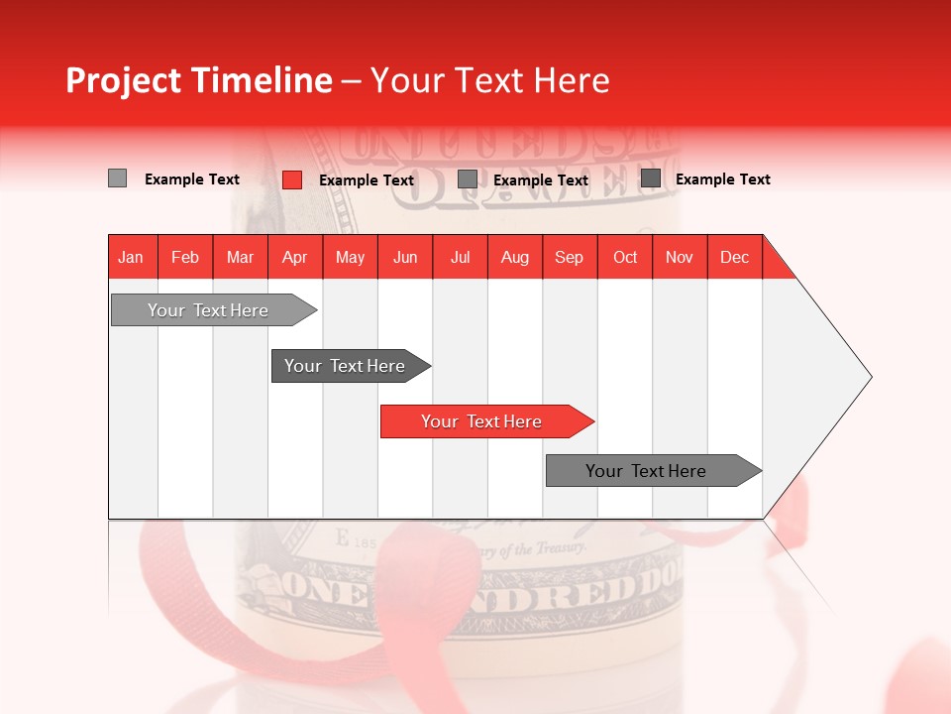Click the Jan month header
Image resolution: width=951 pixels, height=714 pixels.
click(132, 257)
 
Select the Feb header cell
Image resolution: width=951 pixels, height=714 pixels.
click(185, 257)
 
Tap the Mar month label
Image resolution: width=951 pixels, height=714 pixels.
click(240, 257)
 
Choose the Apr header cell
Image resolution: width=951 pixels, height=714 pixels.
click(295, 257)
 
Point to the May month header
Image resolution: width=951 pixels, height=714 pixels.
click(350, 257)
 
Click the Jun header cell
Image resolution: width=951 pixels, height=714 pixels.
click(405, 257)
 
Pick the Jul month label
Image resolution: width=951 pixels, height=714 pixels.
click(460, 257)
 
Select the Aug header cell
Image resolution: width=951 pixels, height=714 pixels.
click(515, 257)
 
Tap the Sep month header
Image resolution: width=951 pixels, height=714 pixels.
click(570, 257)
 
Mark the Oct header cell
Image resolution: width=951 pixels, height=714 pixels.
click(625, 257)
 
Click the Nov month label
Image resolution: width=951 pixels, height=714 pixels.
click(680, 257)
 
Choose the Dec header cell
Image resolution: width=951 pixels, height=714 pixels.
click(735, 257)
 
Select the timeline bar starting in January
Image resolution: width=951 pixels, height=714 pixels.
click(209, 310)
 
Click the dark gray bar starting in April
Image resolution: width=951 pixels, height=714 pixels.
click(346, 366)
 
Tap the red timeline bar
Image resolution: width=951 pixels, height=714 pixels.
click(482, 421)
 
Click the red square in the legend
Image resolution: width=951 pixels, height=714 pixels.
click(292, 179)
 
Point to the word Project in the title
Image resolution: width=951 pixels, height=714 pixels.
click(124, 80)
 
